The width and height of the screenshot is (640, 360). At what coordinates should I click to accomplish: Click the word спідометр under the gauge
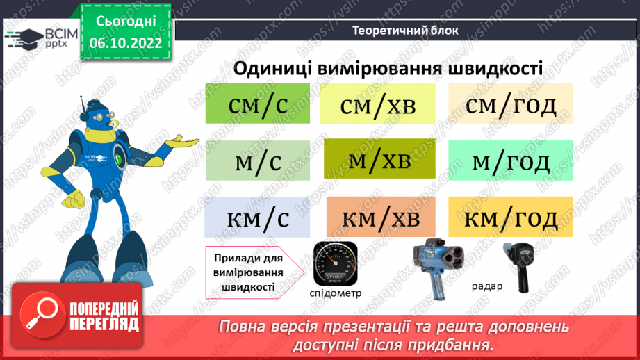[x=336, y=293]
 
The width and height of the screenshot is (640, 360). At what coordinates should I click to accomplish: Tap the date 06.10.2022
[x=126, y=42]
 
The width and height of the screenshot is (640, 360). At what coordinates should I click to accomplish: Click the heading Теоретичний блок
[x=405, y=30]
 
